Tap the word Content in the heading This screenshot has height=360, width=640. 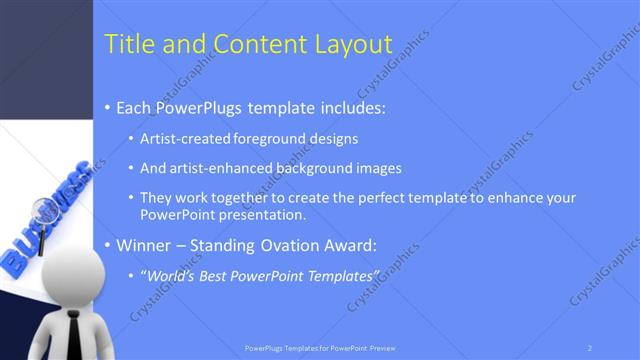pyautogui.click(x=252, y=44)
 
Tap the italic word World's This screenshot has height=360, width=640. pyautogui.click(x=171, y=275)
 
